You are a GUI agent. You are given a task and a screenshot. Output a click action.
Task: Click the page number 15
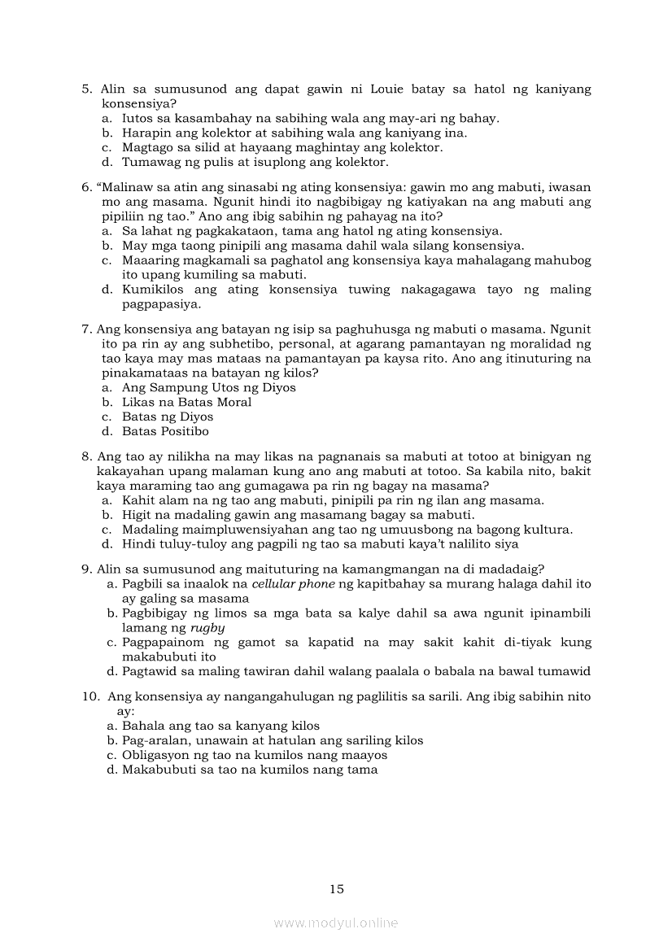pos(337,889)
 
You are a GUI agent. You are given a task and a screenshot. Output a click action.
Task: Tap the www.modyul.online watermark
pos(336,923)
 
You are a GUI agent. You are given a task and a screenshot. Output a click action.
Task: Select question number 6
pos(86,186)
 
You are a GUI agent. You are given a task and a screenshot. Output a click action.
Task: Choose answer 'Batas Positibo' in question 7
pos(165,431)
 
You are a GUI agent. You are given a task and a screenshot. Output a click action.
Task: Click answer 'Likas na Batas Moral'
pos(186,402)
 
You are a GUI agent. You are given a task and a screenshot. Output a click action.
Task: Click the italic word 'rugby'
pos(207,628)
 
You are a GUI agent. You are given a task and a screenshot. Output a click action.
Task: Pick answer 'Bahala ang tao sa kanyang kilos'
pos(220,726)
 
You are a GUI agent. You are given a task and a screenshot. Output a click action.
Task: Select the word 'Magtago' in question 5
pos(148,147)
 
